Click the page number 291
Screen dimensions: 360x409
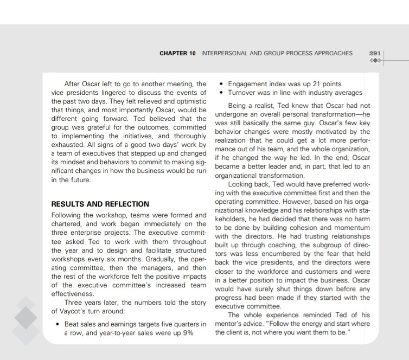pyautogui.click(x=374, y=53)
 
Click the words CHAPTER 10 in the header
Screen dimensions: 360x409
pyautogui.click(x=177, y=54)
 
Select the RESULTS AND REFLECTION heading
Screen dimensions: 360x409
pyautogui.click(x=100, y=204)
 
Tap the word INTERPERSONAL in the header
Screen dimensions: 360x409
pyautogui.click(x=224, y=54)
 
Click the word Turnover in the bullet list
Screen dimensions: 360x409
pyautogui.click(x=244, y=93)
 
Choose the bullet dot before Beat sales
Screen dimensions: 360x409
pyautogui.click(x=58, y=324)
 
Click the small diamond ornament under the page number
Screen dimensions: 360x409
pyautogui.click(x=374, y=60)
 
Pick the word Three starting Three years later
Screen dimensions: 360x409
pyautogui.click(x=75, y=303)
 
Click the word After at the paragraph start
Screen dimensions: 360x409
pyautogui.click(x=74, y=84)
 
